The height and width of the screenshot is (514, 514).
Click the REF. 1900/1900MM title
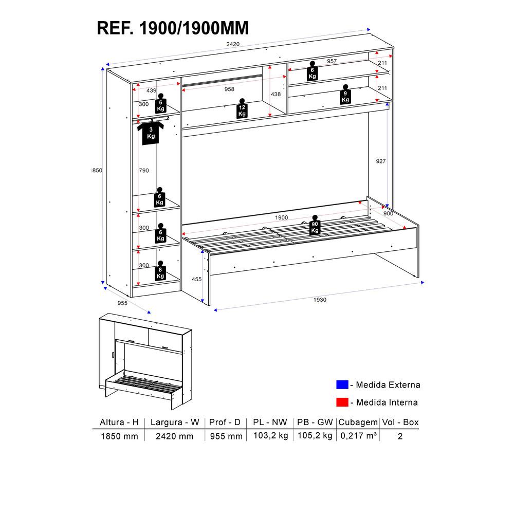coord(173,28)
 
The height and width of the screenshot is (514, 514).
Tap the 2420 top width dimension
coord(233,44)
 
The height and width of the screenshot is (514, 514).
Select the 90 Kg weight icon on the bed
coord(315,225)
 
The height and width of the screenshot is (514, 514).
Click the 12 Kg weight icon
coord(242,108)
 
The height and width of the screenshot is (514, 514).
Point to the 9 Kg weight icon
coord(345,95)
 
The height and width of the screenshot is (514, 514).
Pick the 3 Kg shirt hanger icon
coord(151,132)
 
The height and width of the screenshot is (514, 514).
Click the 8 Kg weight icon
coord(160,271)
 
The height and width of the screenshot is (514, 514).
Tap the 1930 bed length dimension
coord(320,300)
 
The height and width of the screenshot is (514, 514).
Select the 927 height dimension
coord(380,161)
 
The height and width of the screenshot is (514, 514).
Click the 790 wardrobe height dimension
coord(143,171)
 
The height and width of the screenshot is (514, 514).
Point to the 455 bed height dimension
coord(197,279)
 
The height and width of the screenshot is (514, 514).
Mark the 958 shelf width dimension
coord(229,89)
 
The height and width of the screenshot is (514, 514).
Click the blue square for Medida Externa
coord(342,384)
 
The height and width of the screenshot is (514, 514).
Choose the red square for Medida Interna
coord(342,402)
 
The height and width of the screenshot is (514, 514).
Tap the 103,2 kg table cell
coord(271,436)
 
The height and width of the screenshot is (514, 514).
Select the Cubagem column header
coord(358,422)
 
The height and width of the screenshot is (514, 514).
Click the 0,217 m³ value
coord(358,436)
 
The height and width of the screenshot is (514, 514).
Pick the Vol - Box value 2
coord(400,436)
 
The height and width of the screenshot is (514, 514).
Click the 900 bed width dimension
coord(388,213)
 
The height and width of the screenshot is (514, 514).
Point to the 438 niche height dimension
coord(276,95)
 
